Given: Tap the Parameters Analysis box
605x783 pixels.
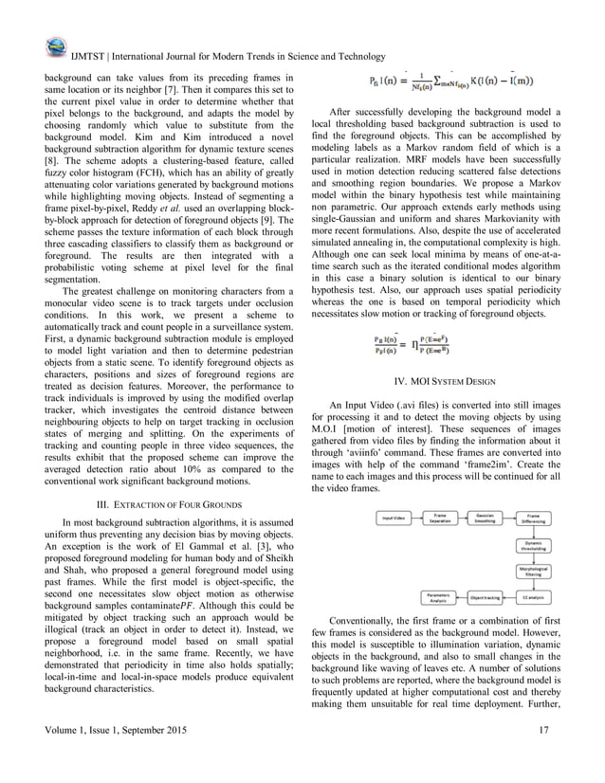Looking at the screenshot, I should [x=439, y=598].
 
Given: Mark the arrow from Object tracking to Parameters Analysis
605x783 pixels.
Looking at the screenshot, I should [x=462, y=598].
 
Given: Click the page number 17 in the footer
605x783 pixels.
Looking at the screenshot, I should [x=542, y=730].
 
